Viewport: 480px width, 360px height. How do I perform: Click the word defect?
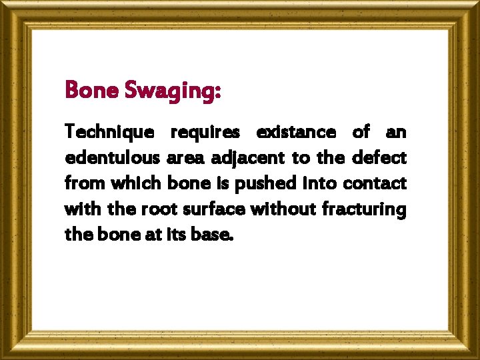tap(378, 158)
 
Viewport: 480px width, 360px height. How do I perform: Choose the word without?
tap(284, 209)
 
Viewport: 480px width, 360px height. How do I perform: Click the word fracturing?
tap(363, 209)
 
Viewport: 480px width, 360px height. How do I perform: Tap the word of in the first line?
tap(361, 132)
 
